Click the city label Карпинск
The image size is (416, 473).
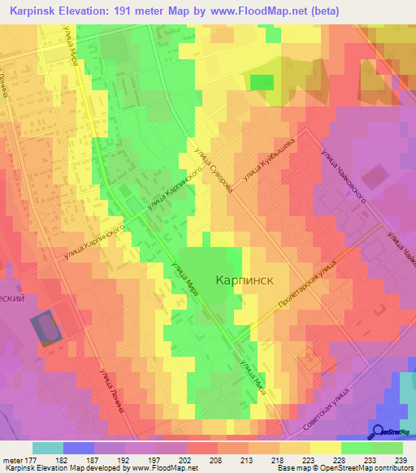pos(243,280)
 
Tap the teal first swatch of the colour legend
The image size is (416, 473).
pos(48,448)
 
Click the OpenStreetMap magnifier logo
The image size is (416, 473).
pos(379,431)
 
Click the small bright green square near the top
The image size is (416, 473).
pos(262,82)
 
